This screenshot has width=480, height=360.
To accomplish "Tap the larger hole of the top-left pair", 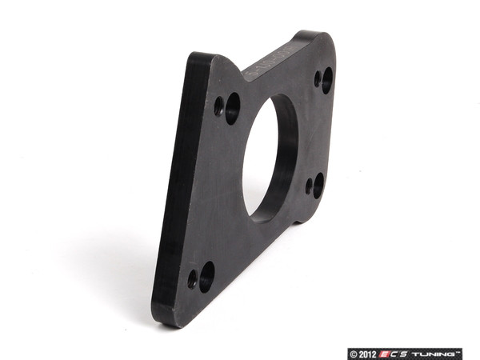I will (233, 107).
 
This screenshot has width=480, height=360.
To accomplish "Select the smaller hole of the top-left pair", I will (219, 106).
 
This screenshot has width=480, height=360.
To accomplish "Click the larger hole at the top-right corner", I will (327, 80).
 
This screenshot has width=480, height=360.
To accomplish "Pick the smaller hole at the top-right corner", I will (318, 78).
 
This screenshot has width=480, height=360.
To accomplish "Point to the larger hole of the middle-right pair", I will (318, 185).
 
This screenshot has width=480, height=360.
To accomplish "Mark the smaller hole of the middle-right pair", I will (309, 185).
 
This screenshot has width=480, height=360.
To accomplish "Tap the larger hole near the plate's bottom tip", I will (206, 276).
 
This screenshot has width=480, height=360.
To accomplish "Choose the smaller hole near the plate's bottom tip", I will (192, 279).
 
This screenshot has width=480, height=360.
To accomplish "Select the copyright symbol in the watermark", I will (353, 352).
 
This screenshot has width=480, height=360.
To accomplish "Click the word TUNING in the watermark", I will (434, 352).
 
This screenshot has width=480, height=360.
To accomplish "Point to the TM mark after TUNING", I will (460, 350).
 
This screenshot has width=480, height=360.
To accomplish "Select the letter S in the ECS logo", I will (409, 352).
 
